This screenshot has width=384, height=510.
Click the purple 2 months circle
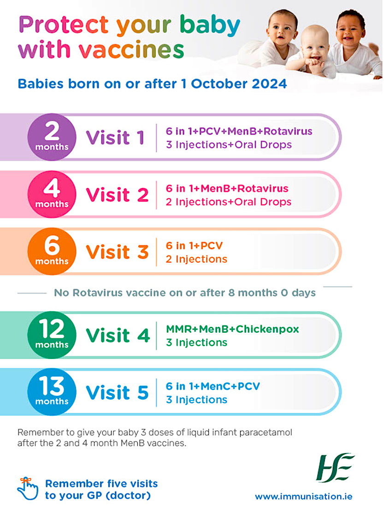(x=52, y=137)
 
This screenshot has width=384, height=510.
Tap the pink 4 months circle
(x=52, y=194)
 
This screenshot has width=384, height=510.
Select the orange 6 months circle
(x=52, y=251)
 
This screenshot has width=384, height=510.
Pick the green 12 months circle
(x=52, y=335)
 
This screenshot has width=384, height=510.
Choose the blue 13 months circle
(x=52, y=392)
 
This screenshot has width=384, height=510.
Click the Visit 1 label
(x=115, y=138)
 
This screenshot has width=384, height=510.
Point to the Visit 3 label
(x=117, y=252)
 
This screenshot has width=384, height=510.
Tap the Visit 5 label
(x=117, y=393)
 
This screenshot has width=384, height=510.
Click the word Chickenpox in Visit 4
(x=267, y=329)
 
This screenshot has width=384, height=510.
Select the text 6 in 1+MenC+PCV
(x=213, y=386)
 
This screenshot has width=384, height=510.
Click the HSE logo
(x=335, y=467)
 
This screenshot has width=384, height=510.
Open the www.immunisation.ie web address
(x=303, y=497)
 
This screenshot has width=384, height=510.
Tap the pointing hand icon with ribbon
(x=28, y=488)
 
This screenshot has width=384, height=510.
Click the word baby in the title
(x=210, y=25)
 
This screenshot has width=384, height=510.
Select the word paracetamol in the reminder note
(x=266, y=433)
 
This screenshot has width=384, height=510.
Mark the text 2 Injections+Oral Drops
(x=229, y=202)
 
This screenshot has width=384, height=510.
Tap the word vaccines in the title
(x=131, y=50)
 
